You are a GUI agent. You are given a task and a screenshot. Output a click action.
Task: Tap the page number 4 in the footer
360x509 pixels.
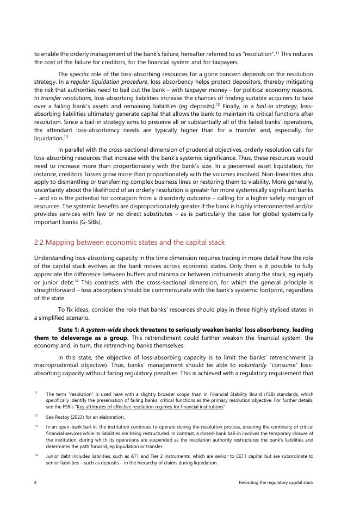[35, 483]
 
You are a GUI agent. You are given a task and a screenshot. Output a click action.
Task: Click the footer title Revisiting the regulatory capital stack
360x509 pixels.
[276, 483]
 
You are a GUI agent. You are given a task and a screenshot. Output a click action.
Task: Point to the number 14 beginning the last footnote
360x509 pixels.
[35, 456]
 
